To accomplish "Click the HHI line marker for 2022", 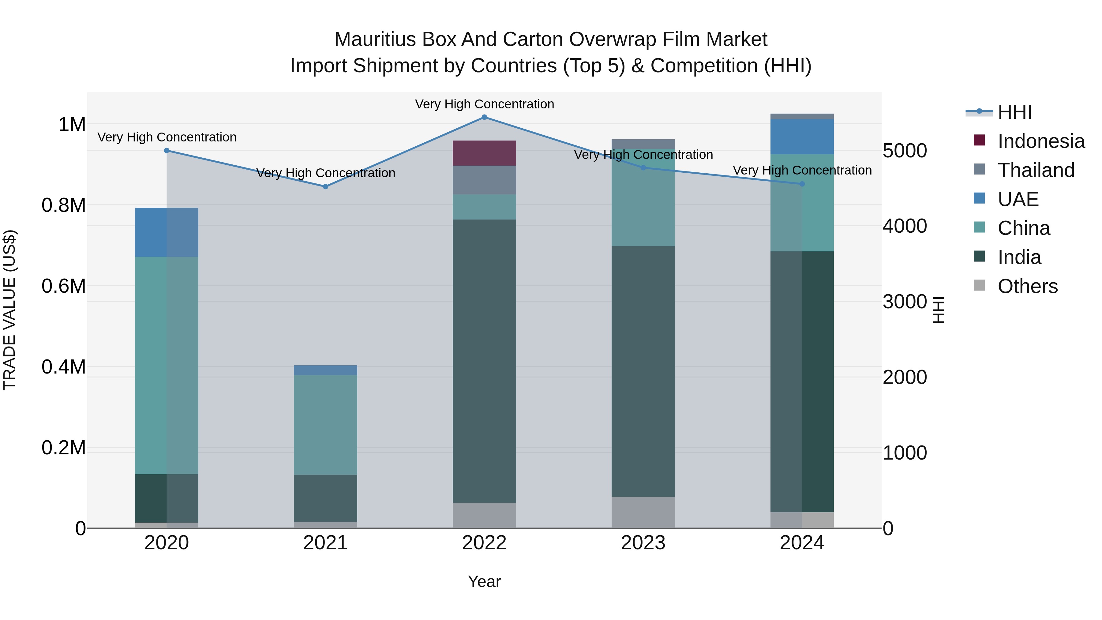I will [484, 117].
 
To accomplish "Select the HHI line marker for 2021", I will [326, 186].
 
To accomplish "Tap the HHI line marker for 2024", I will [802, 184].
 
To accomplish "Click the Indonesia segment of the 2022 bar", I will [484, 153].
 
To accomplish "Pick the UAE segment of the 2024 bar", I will [802, 137].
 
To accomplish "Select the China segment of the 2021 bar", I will [326, 425].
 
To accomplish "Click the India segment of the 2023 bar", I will [643, 371].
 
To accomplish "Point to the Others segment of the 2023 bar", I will [643, 512].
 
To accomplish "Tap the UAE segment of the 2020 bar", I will [167, 232].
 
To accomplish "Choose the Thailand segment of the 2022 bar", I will [484, 180].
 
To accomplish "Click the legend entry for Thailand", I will [1036, 170].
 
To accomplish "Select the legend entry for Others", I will [1028, 286].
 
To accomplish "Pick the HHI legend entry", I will [1014, 112].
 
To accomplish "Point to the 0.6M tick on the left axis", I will [64, 286].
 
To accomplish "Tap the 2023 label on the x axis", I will [643, 543].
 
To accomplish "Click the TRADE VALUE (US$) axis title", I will [9, 310].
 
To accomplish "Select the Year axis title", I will [484, 581].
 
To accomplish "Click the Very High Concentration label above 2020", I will [167, 137].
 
